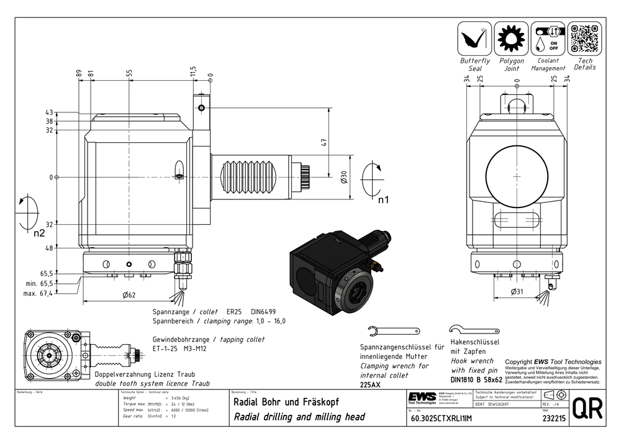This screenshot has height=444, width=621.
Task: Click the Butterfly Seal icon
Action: (474, 39)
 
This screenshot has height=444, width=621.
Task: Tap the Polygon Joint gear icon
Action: (511, 39)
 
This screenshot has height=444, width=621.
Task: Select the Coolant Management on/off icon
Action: (548, 39)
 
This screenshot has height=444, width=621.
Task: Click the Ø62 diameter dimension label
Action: (129, 295)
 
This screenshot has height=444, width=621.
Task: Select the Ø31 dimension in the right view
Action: (516, 291)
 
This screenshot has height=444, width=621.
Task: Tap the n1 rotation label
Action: (383, 200)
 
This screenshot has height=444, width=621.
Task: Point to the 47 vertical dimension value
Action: (324, 143)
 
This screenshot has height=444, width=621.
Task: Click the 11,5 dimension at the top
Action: (193, 72)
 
